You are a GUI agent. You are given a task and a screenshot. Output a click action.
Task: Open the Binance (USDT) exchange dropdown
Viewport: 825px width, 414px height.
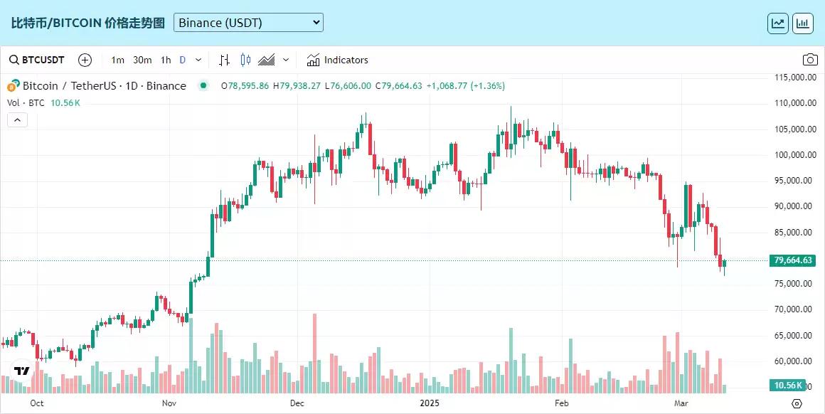tap(248, 23)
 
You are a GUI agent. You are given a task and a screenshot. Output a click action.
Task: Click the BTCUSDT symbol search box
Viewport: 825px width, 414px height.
tap(37, 60)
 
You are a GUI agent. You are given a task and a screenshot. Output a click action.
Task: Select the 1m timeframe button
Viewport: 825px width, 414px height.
tap(118, 60)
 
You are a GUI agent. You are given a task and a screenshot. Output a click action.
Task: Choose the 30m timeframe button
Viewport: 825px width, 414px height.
tap(142, 60)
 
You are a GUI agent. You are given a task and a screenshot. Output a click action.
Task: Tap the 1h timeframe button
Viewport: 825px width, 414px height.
tap(166, 60)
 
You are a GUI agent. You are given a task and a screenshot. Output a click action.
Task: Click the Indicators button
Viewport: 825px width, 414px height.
tap(338, 60)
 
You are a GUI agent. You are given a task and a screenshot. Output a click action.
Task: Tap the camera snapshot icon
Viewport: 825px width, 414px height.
tap(809, 60)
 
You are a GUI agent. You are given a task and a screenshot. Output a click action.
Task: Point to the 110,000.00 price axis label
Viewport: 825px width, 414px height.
tap(794, 103)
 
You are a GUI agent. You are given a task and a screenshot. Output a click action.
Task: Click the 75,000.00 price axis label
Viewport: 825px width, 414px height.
tap(794, 284)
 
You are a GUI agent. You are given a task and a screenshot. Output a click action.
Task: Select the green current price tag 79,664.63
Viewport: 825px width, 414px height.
tap(792, 260)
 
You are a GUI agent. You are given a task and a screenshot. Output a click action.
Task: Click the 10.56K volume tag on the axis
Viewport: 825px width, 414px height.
tap(789, 386)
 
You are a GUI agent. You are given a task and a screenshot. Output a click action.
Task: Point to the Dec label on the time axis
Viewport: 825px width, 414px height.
tap(297, 403)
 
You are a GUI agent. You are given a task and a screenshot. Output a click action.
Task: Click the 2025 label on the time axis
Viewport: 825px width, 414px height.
tap(430, 403)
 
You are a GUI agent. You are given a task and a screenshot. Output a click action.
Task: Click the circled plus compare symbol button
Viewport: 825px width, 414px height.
tap(85, 60)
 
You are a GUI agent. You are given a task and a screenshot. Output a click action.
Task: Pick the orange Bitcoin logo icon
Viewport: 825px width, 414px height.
tap(13, 86)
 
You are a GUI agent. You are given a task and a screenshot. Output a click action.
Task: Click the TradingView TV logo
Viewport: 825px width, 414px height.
tap(21, 371)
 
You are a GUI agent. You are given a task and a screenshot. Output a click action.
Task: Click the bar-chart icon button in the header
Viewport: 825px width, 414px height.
tap(803, 23)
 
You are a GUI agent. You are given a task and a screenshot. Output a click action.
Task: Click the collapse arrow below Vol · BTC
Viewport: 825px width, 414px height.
tap(17, 120)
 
